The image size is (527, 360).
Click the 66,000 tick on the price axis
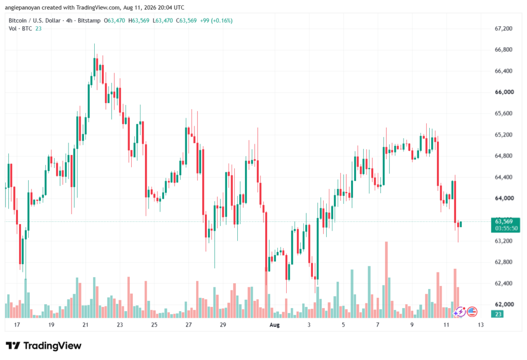(x=504, y=92)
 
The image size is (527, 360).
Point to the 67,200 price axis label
(x=503, y=29)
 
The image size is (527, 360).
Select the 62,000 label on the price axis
(x=504, y=304)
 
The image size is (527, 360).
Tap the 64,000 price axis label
(x=504, y=198)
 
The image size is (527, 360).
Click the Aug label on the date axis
(x=275, y=325)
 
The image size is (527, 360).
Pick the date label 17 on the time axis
(x=17, y=325)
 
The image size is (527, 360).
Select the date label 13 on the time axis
(x=481, y=325)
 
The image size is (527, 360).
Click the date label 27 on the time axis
(x=188, y=325)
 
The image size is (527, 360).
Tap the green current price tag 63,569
(x=505, y=225)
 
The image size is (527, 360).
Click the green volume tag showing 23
(x=498, y=314)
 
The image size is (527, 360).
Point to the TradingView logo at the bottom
(x=44, y=346)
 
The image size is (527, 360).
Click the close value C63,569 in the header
(x=186, y=21)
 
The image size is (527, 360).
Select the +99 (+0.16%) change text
(x=216, y=21)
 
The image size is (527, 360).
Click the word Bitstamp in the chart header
(x=89, y=21)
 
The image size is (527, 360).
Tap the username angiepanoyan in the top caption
(x=23, y=7)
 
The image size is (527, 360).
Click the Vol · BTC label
(x=20, y=29)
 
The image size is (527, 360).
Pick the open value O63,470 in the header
(x=114, y=21)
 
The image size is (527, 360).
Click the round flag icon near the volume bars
(x=472, y=312)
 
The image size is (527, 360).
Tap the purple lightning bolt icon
(x=460, y=312)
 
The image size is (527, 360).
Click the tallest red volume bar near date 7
(x=387, y=280)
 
